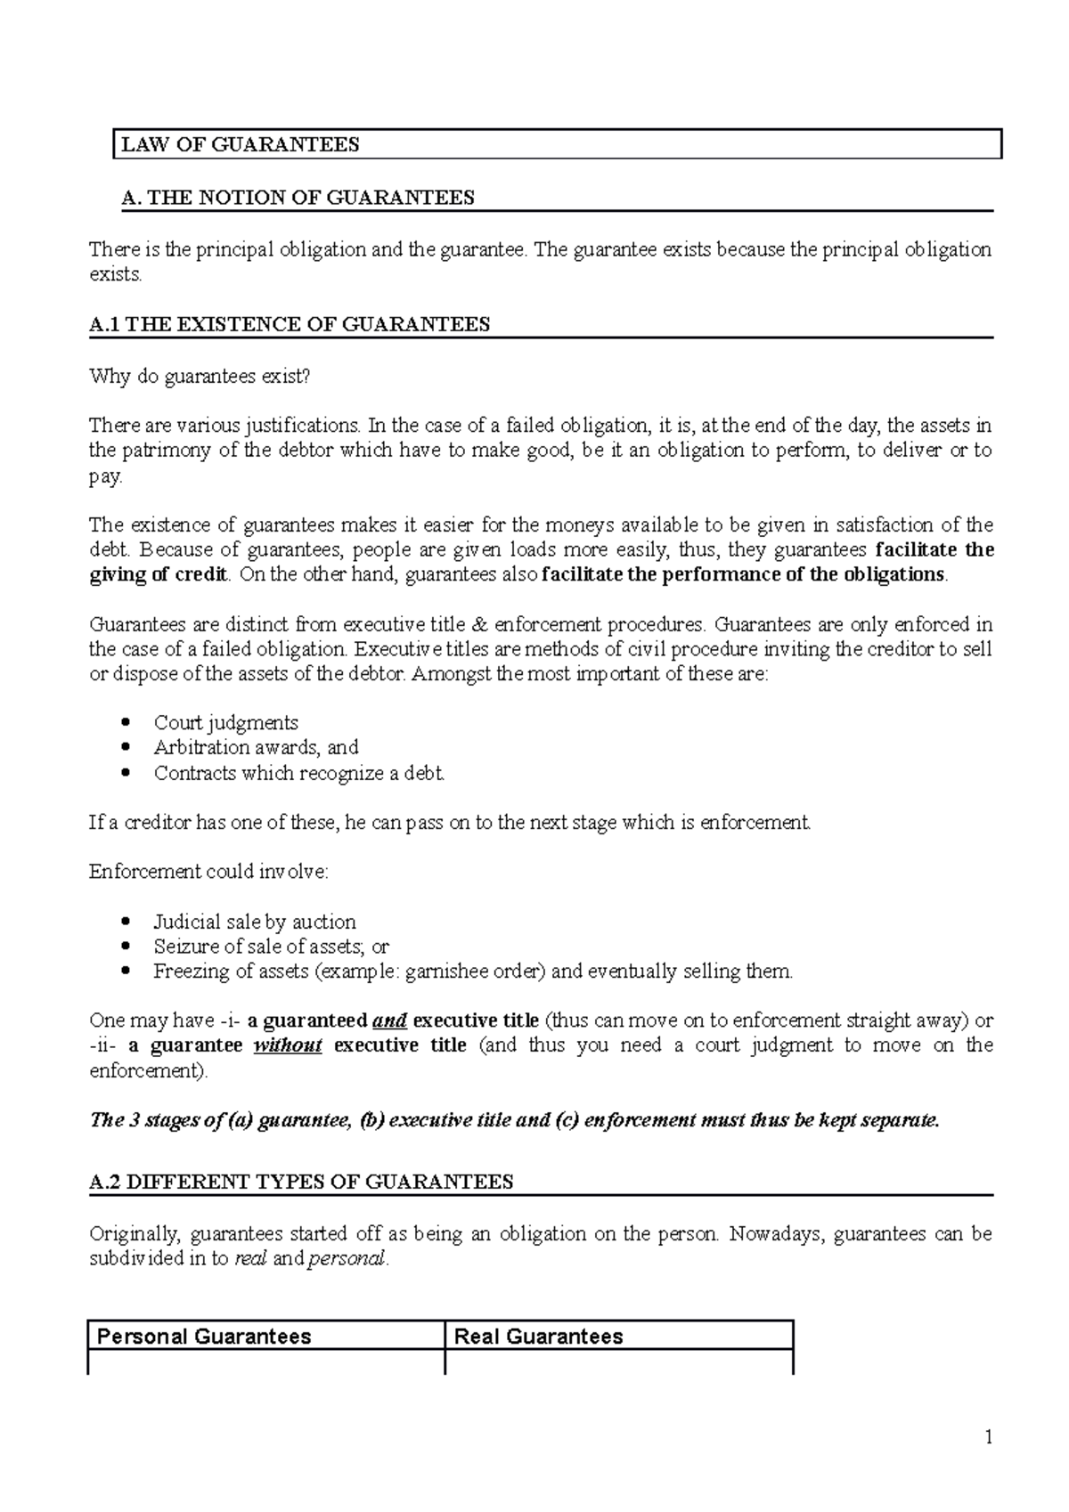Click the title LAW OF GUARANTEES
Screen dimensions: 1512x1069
coord(241,145)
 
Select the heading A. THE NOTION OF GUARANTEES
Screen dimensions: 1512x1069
coord(298,198)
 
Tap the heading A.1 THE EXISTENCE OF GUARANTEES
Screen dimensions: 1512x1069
coord(290,325)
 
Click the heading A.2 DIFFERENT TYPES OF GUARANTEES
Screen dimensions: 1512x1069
coord(302,1183)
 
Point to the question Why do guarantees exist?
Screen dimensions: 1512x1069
coord(200,377)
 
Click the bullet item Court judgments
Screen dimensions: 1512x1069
coord(225,723)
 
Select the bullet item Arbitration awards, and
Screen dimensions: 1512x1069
coord(256,748)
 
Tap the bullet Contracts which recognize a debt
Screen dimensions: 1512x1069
coord(298,773)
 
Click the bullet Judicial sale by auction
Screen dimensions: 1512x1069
coord(254,923)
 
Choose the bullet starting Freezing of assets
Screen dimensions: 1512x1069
coord(472,971)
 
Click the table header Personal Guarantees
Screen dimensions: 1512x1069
coord(204,1337)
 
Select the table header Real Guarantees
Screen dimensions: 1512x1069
coord(538,1337)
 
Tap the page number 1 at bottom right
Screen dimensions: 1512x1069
coord(988,1438)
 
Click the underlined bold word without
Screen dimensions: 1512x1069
coord(287,1045)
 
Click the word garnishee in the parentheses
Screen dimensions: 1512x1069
coord(445,971)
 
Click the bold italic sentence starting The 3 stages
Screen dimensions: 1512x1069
coord(514,1121)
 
